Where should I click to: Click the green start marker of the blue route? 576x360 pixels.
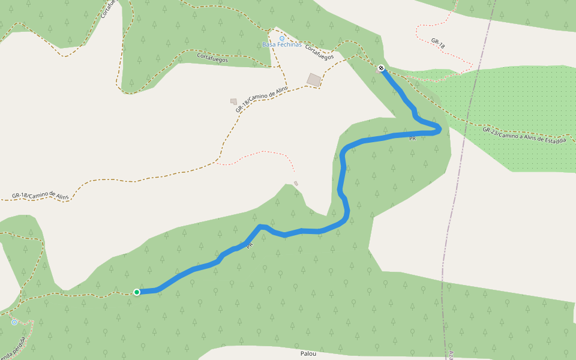click(137, 292)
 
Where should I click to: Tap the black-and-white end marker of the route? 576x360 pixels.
click(381, 68)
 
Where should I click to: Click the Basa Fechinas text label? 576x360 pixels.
click(282, 45)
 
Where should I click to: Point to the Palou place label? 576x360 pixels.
click(308, 354)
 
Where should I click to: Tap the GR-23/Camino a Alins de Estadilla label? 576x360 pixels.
click(524, 134)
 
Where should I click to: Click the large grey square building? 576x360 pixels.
click(314, 79)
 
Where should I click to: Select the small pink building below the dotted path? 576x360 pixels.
click(296, 184)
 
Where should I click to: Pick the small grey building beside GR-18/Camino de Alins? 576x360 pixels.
click(233, 101)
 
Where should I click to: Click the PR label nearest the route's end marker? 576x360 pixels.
click(412, 139)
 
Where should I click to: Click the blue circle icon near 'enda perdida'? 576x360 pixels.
click(14, 322)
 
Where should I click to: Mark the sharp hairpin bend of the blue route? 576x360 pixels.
click(439, 128)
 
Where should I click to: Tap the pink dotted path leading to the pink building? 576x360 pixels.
click(258, 154)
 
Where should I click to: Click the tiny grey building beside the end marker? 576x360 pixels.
click(378, 71)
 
